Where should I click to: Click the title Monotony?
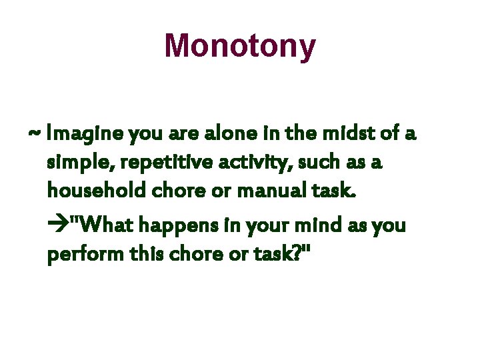click(240, 46)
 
